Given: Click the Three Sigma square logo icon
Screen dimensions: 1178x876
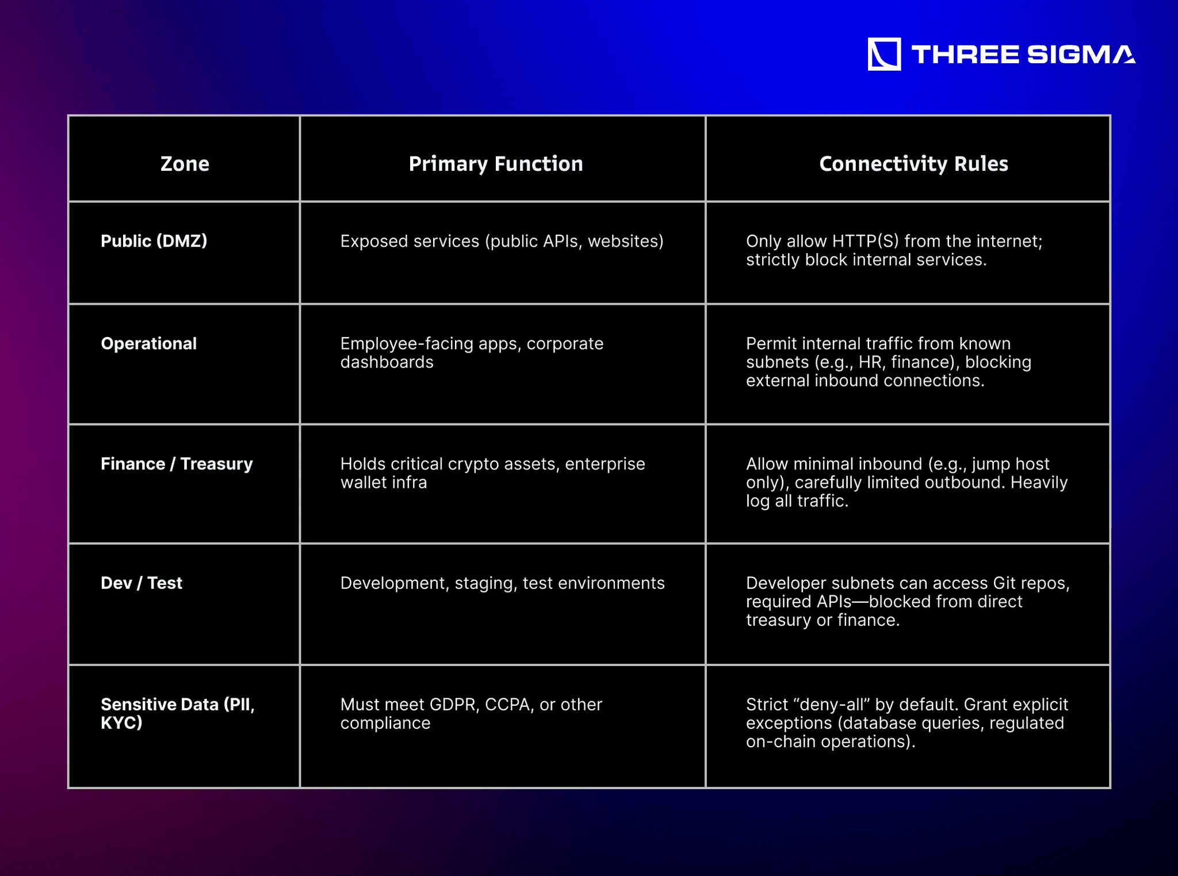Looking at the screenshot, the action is click(884, 54).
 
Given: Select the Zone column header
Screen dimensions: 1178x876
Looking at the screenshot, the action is click(185, 164).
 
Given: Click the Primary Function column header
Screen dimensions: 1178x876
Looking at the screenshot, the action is click(496, 164).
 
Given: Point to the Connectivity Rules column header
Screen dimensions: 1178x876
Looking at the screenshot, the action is click(913, 164).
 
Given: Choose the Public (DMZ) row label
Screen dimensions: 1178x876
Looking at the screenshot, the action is click(154, 241).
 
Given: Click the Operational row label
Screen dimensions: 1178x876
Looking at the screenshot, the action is click(149, 343).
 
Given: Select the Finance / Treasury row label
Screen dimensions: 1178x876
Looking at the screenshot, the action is click(177, 464).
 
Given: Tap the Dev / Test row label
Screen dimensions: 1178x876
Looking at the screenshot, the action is click(141, 583).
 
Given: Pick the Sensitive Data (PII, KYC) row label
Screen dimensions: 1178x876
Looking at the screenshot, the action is click(178, 713).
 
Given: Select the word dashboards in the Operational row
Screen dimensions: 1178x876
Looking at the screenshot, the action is click(387, 362).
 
